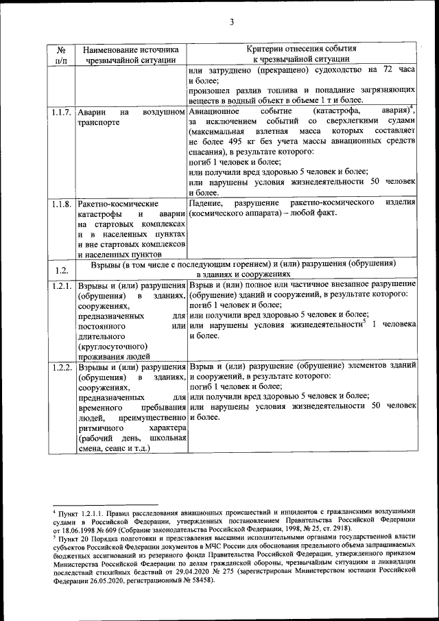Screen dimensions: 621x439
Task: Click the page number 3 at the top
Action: (231, 23)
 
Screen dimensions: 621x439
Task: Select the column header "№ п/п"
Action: (61, 55)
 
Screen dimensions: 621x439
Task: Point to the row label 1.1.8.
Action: (61, 204)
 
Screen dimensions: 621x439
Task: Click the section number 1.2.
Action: (61, 269)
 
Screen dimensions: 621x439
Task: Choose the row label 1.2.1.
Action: (61, 285)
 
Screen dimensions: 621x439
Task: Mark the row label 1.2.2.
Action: (61, 368)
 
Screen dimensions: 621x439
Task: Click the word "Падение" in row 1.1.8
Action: (205, 204)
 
